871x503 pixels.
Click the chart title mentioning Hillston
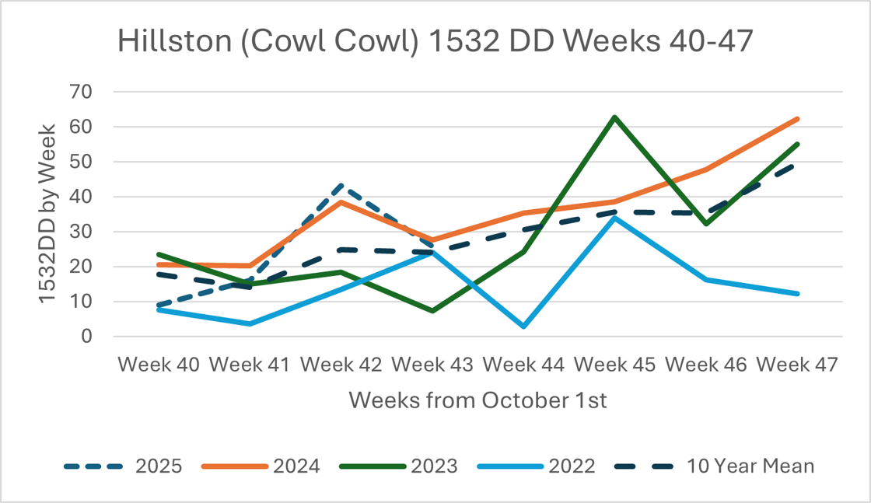coord(435,41)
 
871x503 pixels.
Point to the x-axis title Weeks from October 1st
coord(477,400)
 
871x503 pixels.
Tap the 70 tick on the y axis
coord(82,92)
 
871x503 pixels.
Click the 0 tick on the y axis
coord(87,337)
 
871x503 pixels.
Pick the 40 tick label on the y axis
coord(82,197)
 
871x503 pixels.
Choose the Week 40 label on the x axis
coord(159,365)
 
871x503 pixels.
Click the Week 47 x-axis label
coord(797,365)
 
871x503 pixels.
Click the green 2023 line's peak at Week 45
coord(614,117)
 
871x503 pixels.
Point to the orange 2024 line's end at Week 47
coord(797,119)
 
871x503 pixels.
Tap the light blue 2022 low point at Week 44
coord(523,327)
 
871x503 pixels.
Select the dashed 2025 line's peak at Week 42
coord(341,186)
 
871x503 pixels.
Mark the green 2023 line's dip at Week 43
coord(432,311)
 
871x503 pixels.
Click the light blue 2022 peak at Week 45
coord(614,218)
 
